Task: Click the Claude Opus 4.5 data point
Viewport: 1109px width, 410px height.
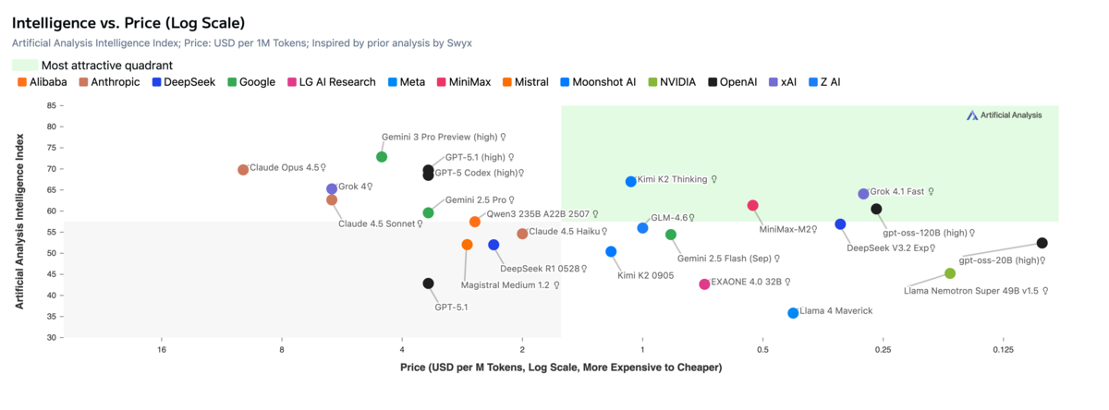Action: click(x=243, y=170)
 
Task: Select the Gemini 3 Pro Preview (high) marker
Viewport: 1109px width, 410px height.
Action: click(x=382, y=157)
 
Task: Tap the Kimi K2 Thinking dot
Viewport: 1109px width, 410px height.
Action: click(x=631, y=182)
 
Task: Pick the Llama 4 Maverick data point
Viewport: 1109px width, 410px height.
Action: click(x=793, y=313)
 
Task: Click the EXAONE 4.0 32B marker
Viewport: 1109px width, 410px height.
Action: click(x=704, y=284)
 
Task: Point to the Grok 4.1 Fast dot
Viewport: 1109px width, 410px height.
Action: click(x=863, y=194)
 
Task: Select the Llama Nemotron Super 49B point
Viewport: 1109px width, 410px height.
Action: click(x=950, y=273)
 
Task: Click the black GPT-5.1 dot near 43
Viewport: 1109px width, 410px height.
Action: click(x=428, y=283)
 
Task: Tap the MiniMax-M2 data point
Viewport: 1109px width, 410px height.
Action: click(x=752, y=205)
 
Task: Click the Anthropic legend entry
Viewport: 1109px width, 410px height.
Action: click(x=109, y=82)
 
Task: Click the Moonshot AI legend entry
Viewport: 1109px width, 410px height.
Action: click(x=603, y=82)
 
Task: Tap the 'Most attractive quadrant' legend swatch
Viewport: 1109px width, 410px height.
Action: click(x=25, y=66)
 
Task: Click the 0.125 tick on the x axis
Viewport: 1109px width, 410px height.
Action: click(x=1003, y=350)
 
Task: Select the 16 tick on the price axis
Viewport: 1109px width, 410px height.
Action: click(x=162, y=350)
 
